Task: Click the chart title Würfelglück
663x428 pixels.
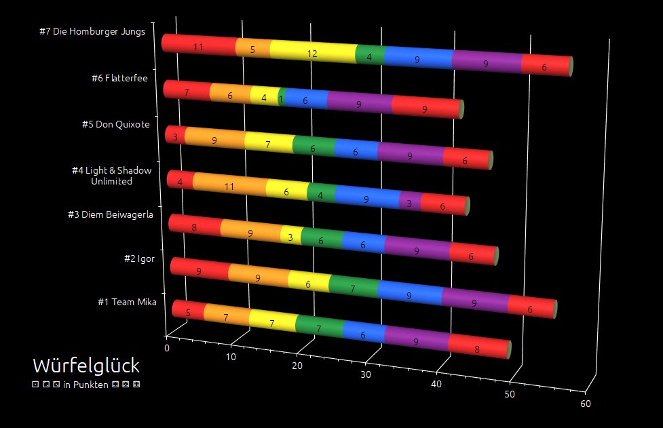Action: tap(86, 366)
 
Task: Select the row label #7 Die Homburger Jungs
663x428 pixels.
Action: tap(92, 33)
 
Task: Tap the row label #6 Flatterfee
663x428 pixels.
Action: tap(119, 78)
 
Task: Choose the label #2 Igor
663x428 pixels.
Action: tap(138, 258)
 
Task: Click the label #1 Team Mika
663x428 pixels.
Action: tap(127, 302)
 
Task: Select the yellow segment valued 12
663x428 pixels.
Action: tap(312, 53)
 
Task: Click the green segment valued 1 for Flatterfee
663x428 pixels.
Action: tap(280, 99)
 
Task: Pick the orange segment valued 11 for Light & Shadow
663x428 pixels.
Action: tap(229, 186)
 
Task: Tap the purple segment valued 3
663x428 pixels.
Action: tap(409, 203)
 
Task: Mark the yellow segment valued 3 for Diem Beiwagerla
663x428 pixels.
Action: tap(290, 236)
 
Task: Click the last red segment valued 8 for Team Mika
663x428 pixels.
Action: tap(478, 349)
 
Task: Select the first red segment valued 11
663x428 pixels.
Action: tap(198, 46)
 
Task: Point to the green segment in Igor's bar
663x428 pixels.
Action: tap(352, 288)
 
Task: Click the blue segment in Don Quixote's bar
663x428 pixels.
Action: tap(356, 152)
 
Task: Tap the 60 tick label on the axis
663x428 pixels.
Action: tap(586, 404)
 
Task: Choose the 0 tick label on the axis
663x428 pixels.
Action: tap(167, 348)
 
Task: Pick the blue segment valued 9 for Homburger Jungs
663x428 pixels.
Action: tap(417, 60)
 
